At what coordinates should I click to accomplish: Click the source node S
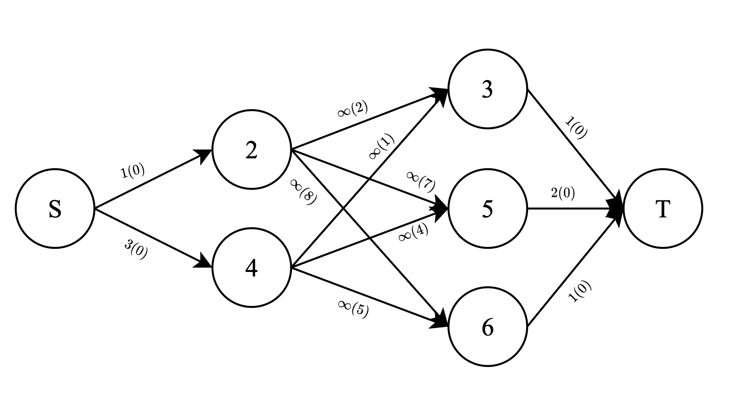(55, 208)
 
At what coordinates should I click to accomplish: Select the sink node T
(663, 208)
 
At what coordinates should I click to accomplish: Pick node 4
(251, 268)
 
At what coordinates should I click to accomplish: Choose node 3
(487, 89)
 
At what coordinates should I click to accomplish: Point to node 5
(487, 208)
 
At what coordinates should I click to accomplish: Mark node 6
(487, 327)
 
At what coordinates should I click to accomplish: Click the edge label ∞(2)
(353, 110)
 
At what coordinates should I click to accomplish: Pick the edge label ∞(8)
(304, 191)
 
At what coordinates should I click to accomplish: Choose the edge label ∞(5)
(353, 308)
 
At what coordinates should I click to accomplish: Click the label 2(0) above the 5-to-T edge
(563, 193)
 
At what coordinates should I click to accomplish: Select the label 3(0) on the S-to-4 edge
(136, 250)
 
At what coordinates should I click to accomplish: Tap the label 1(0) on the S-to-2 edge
(133, 171)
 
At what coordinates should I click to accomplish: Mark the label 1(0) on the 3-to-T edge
(576, 127)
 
